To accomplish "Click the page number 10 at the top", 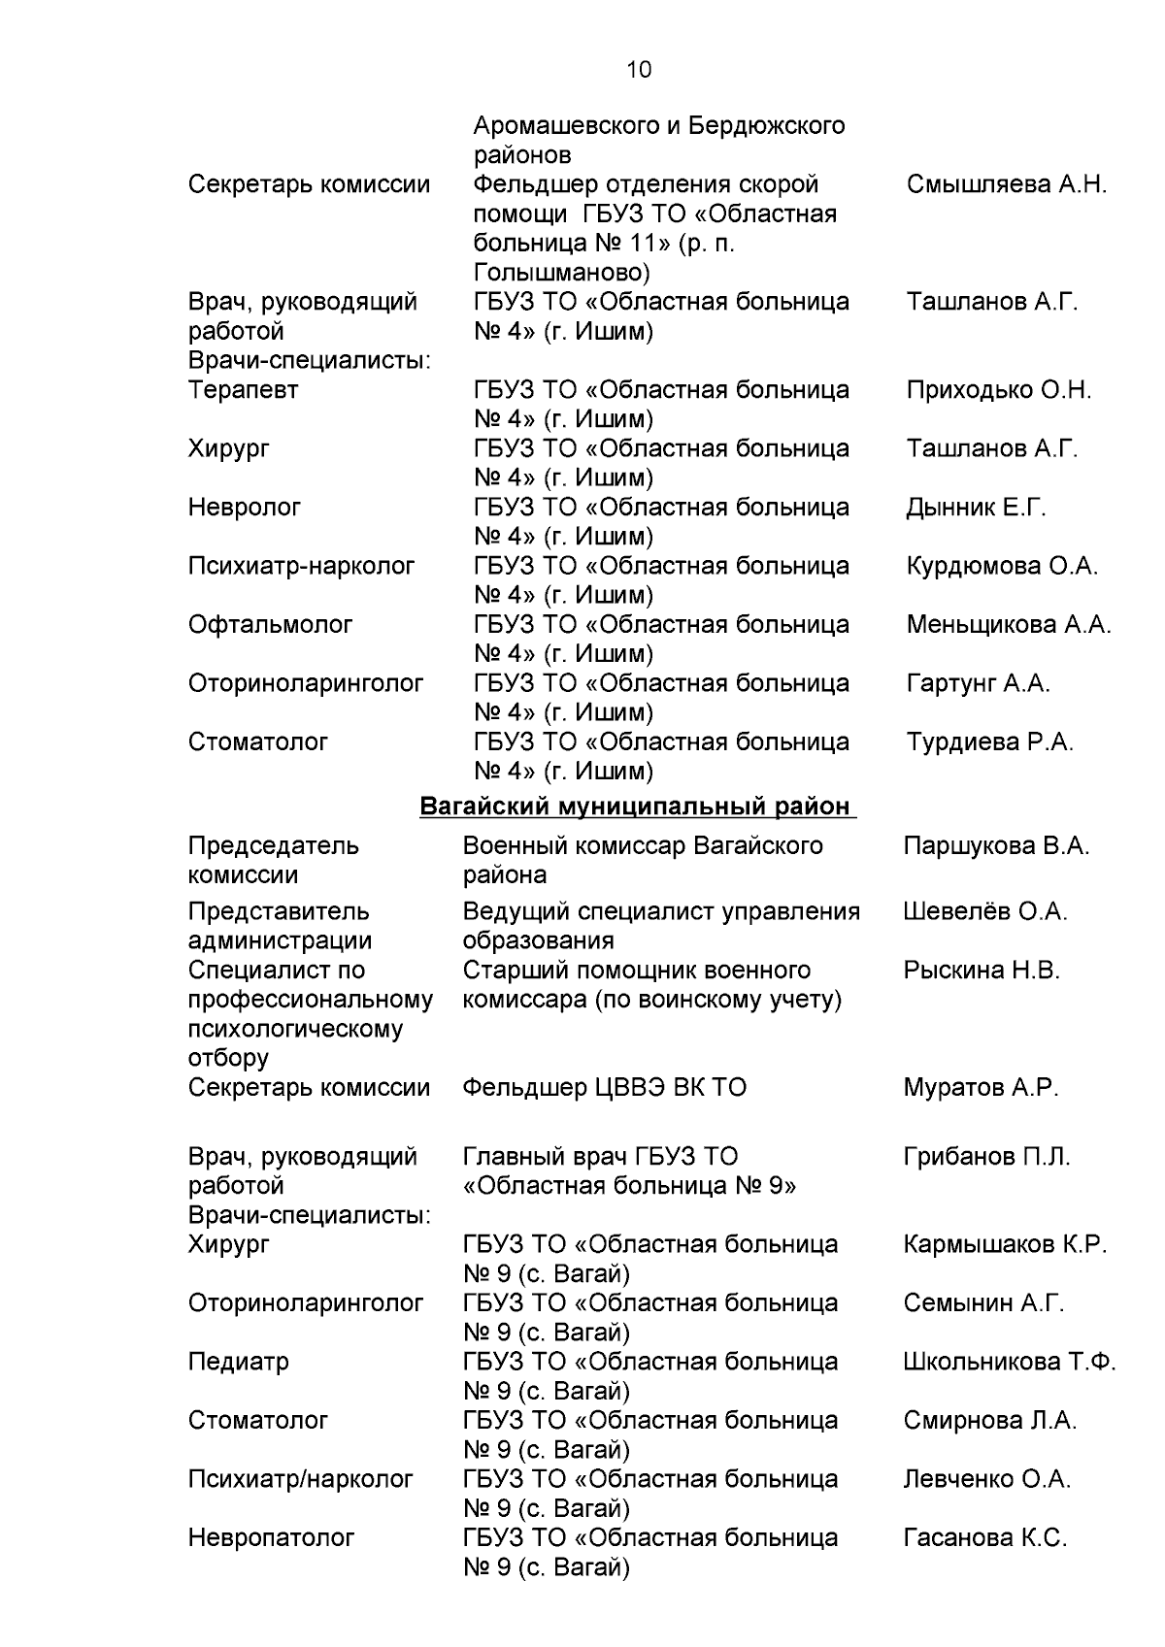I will [639, 70].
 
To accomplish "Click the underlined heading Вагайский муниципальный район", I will [636, 807].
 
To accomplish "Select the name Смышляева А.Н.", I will [1006, 184].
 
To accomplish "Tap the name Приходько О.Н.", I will [998, 390].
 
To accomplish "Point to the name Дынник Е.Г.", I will [976, 508].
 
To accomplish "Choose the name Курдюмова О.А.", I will [1002, 566].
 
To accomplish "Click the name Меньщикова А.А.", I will [1008, 625].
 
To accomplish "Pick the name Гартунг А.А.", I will [978, 683].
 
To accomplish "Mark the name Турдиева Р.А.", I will [989, 742].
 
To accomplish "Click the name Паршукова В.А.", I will [995, 846].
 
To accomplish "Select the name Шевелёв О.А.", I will [984, 912].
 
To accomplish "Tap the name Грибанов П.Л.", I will [986, 1157].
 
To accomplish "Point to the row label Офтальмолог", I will [270, 625].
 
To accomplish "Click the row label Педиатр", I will [238, 1362].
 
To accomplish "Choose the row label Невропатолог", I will [271, 1537].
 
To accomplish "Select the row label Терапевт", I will [243, 390].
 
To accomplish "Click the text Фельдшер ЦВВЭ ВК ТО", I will [604, 1088].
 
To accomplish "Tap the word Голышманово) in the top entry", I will [561, 273].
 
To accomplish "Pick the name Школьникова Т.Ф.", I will [1009, 1362].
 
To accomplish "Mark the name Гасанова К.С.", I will [984, 1537].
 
